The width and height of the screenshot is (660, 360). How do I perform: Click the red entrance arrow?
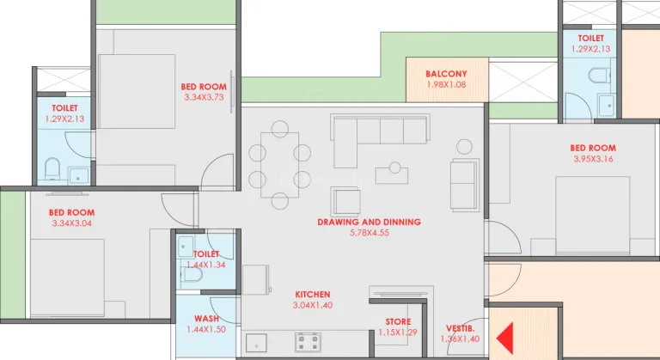[506, 338]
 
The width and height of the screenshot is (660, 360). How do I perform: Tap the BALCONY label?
[446, 74]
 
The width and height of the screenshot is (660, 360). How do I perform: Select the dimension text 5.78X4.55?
[370, 233]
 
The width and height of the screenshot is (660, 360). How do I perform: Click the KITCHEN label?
[313, 295]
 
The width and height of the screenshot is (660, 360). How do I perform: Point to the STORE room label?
[398, 321]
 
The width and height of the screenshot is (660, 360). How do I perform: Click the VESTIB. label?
[460, 328]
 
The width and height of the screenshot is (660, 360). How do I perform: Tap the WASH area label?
[206, 319]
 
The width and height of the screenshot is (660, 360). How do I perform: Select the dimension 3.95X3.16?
[593, 159]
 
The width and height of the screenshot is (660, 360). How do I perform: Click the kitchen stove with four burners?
[309, 341]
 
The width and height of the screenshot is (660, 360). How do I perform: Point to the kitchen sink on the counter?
[256, 342]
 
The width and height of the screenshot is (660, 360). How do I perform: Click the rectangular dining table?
[280, 165]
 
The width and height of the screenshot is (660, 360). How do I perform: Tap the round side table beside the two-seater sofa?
[464, 147]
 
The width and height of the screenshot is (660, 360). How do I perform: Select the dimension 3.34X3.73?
[204, 97]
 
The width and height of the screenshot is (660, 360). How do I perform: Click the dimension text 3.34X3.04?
[72, 223]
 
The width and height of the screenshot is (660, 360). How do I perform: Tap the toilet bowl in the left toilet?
[52, 168]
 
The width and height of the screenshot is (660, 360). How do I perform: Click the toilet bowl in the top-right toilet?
[599, 76]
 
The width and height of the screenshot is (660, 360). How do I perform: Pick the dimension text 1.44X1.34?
[206, 265]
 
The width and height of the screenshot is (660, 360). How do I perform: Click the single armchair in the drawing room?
[345, 202]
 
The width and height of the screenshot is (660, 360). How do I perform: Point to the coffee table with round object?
[392, 174]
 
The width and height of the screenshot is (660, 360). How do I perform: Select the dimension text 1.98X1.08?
[446, 85]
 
